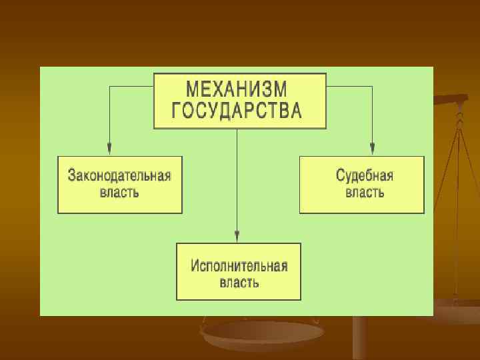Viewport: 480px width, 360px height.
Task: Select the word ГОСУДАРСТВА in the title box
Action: [237, 110]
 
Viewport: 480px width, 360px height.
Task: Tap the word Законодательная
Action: [119, 176]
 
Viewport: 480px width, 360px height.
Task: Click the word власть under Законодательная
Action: [119, 193]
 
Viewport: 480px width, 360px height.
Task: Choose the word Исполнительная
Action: [239, 265]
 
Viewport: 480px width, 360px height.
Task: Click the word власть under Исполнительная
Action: [239, 282]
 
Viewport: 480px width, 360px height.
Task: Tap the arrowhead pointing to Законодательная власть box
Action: [109, 147]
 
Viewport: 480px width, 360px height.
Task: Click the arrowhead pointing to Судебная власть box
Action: [372, 147]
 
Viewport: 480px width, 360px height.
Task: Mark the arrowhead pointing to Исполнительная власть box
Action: [237, 234]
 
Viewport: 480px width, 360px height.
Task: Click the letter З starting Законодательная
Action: [72, 176]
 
